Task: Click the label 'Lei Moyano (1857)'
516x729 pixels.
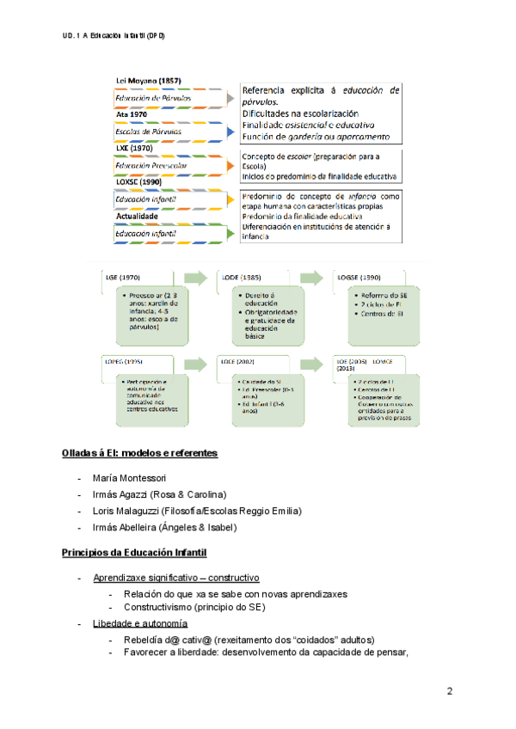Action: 148,81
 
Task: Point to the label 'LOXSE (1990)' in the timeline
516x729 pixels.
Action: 138,182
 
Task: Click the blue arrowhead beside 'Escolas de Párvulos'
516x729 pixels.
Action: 230,132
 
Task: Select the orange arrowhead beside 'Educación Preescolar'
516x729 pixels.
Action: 230,165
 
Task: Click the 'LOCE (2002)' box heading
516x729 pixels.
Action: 240,360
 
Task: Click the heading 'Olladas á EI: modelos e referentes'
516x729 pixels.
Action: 139,452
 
